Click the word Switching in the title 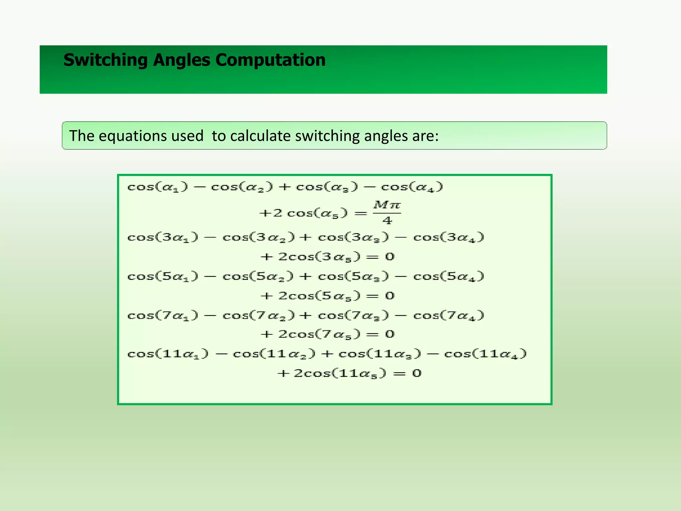point(105,60)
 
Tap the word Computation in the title point(270,60)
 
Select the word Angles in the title point(182,60)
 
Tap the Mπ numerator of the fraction point(387,205)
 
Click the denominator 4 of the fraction point(387,220)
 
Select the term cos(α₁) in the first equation point(158,187)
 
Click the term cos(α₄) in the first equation point(412,187)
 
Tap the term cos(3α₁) point(163,238)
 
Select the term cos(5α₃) point(353,276)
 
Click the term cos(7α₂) point(258,315)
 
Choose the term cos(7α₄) point(449,315)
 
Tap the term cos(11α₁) point(168,354)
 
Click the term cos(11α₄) point(485,354)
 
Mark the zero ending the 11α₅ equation point(417,373)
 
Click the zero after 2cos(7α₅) point(390,334)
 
